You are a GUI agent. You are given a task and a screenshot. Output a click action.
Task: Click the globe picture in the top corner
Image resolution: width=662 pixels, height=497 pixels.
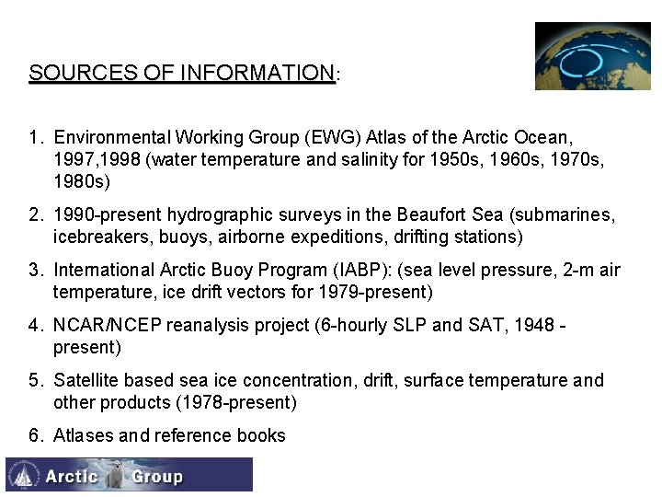(x=592, y=56)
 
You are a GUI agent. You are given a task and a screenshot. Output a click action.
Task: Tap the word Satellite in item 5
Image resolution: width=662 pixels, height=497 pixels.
(x=86, y=381)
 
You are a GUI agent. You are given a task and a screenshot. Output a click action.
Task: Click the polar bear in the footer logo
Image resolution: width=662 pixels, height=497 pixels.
(x=114, y=475)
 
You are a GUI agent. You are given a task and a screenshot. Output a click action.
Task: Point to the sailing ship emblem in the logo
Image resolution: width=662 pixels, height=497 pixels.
(x=23, y=475)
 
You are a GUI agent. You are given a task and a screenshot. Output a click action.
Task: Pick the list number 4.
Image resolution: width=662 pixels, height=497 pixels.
(x=34, y=326)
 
